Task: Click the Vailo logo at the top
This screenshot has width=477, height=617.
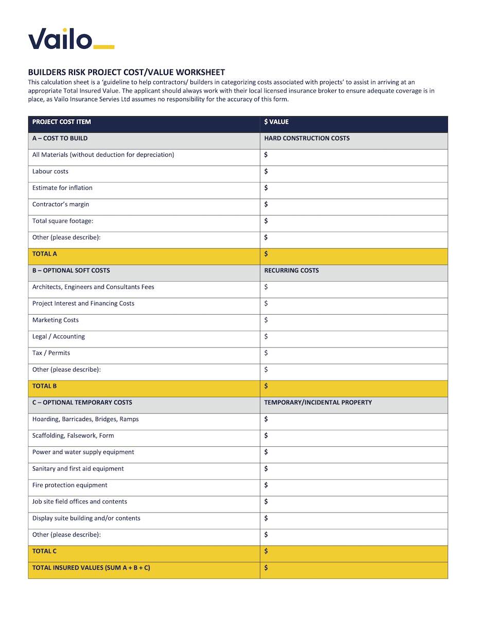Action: point(70,39)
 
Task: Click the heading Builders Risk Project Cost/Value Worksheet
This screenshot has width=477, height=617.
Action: point(126,72)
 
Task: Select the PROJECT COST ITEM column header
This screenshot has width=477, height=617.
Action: point(62,122)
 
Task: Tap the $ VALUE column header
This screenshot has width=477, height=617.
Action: point(276,122)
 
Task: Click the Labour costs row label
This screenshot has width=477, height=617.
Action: point(50,171)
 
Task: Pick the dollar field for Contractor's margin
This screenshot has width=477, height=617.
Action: point(354,205)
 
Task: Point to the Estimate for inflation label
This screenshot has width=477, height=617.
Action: point(62,188)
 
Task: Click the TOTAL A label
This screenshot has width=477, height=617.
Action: point(45,254)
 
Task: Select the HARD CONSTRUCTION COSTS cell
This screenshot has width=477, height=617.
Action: point(307,138)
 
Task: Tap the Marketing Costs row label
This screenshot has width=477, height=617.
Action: point(56,320)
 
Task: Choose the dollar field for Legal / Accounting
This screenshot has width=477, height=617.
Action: point(354,337)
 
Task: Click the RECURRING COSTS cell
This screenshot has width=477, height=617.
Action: point(291,270)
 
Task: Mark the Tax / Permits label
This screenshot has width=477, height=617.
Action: point(51,353)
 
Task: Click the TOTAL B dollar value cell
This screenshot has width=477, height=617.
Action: point(354,386)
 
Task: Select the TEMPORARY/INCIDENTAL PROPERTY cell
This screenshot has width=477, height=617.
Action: point(317,403)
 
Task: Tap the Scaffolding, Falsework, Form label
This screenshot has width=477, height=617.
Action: point(73,435)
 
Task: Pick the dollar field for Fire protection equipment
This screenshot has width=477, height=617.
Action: point(354,485)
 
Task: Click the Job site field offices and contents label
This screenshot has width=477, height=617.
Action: point(80,502)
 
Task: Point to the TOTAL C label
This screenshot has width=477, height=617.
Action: point(45,551)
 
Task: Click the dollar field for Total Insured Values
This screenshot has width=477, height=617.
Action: point(354,568)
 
